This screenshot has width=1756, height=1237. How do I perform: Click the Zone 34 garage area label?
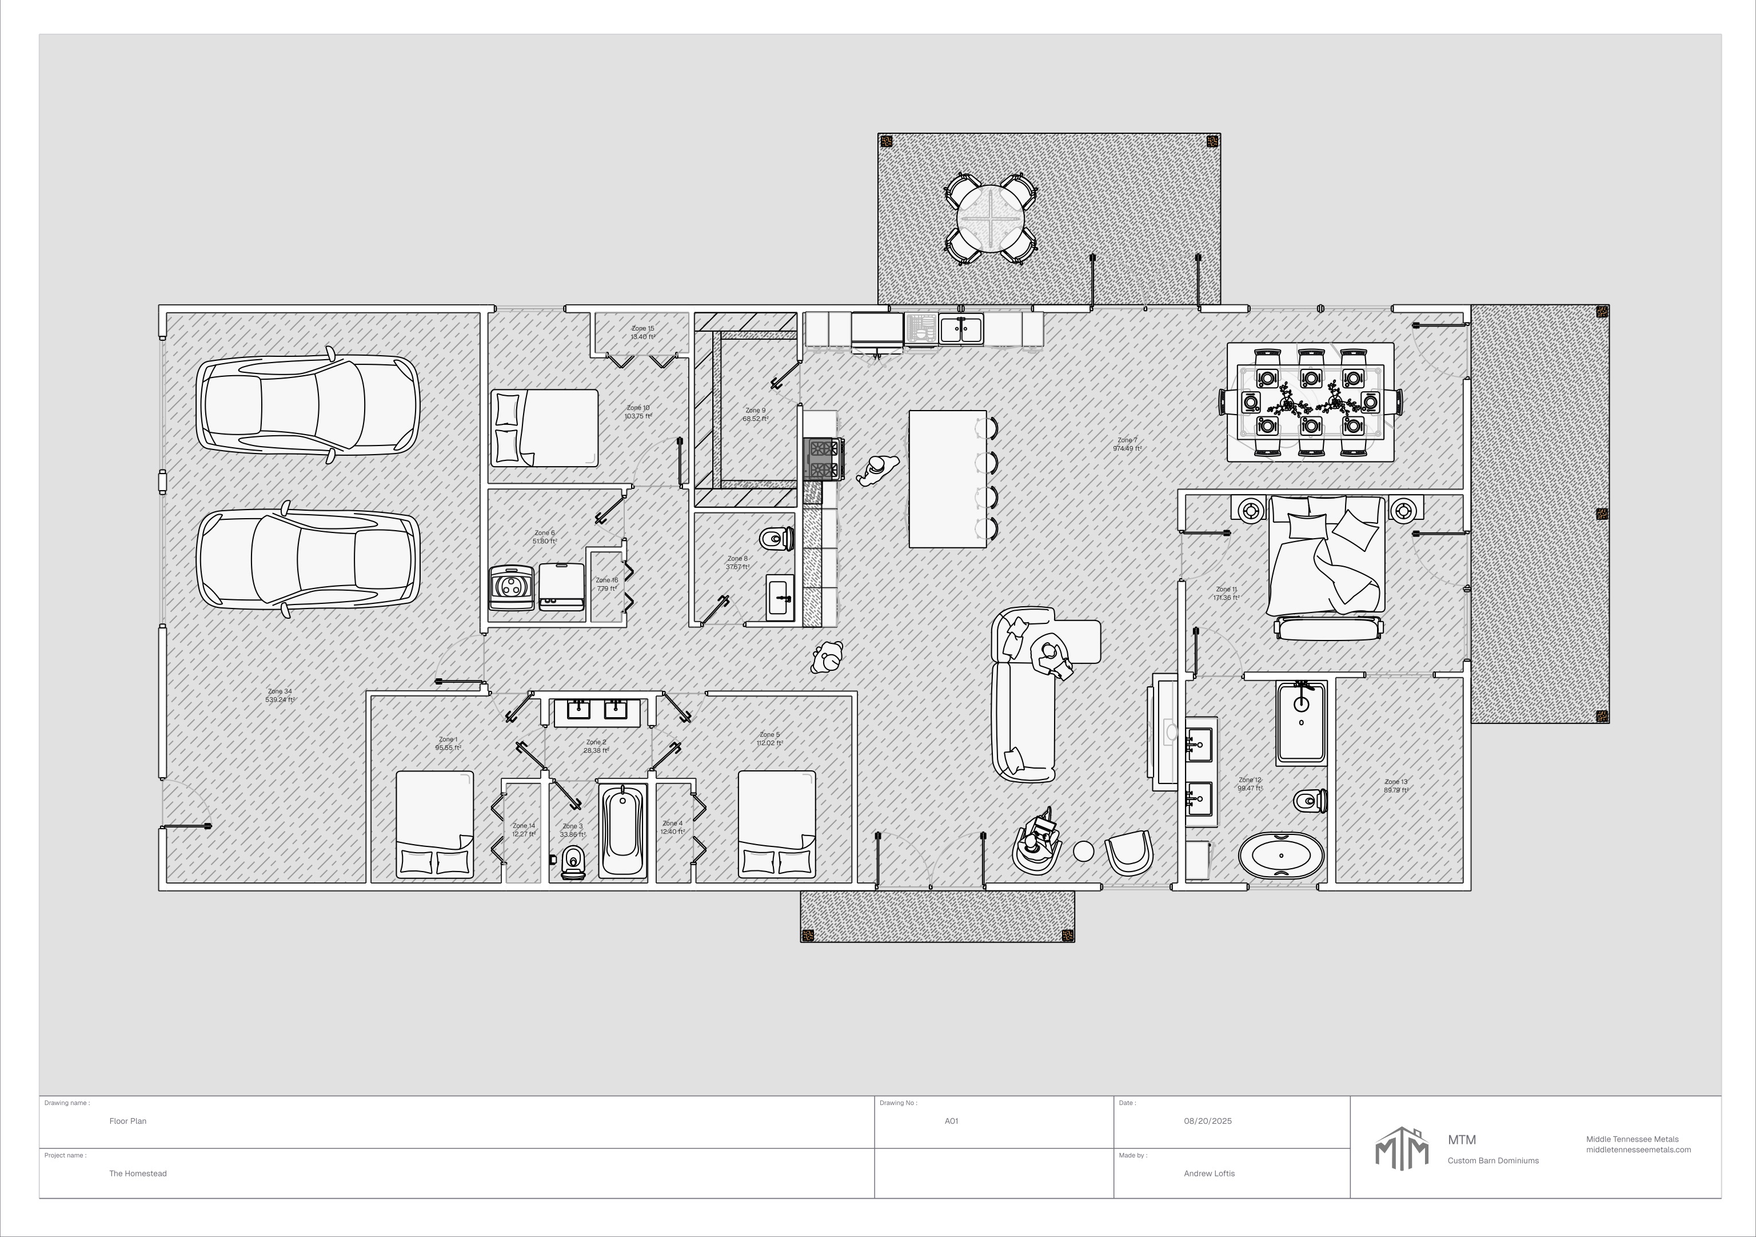pos(280,695)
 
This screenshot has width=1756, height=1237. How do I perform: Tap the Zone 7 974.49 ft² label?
pos(1127,444)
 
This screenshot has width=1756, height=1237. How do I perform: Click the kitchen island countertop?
pos(947,479)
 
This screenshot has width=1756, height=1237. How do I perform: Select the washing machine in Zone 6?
pos(511,587)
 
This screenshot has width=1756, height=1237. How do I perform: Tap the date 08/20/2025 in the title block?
pos(1208,1121)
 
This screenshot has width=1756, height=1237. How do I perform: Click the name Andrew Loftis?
pos(1208,1173)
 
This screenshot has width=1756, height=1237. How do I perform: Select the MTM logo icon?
pos(1401,1148)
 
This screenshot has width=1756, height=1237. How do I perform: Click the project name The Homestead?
pos(138,1173)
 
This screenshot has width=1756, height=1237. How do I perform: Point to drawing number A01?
pos(951,1121)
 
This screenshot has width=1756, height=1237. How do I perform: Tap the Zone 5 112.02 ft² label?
pos(769,738)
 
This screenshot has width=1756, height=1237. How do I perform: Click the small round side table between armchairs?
pos(1083,850)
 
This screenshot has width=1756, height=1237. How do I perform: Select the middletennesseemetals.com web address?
pos(1638,1149)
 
